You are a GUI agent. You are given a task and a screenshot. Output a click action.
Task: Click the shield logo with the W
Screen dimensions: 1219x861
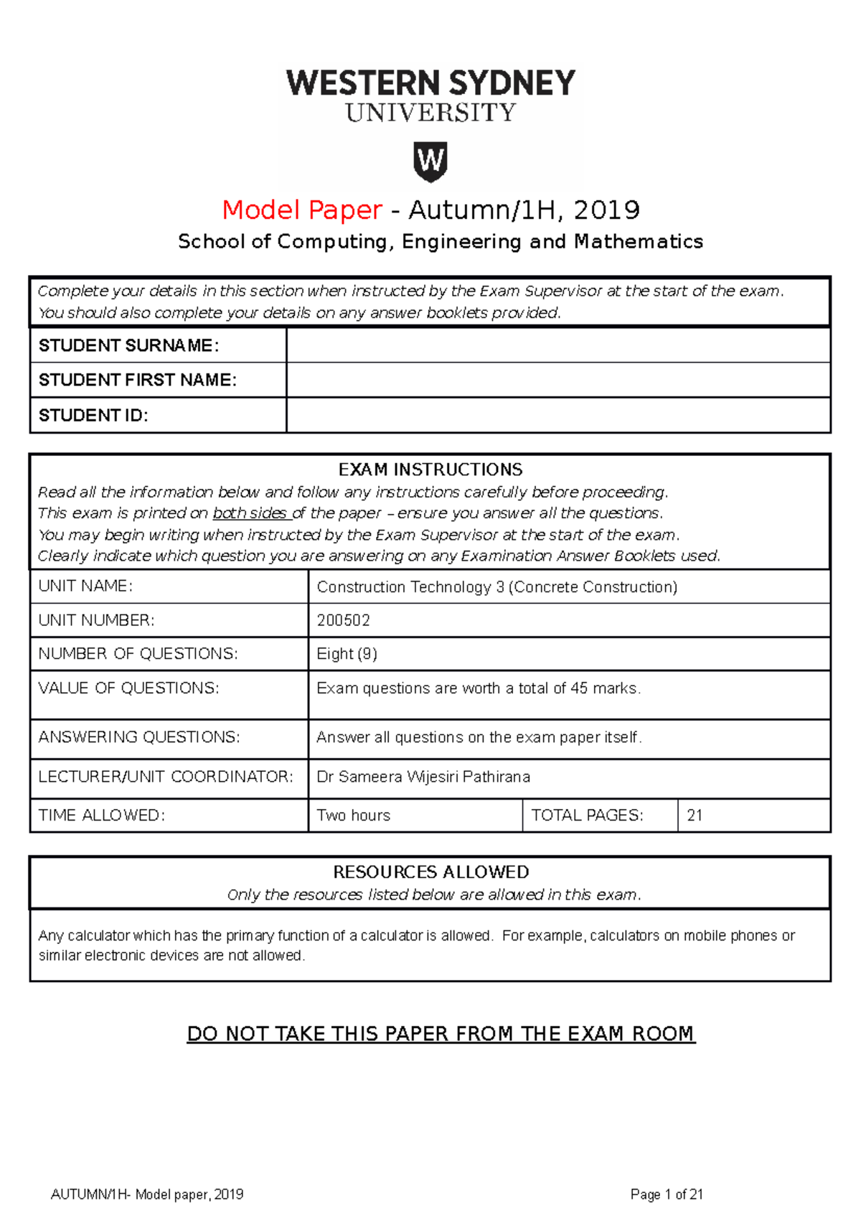coord(430,161)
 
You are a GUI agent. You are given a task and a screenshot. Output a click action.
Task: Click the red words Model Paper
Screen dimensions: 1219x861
coord(302,210)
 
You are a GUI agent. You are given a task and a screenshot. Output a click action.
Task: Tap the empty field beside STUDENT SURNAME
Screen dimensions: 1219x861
coord(558,345)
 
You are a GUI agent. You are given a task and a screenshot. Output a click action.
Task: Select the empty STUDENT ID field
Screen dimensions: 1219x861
coord(558,415)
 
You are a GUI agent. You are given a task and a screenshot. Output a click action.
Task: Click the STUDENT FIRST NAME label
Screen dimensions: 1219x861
coord(137,380)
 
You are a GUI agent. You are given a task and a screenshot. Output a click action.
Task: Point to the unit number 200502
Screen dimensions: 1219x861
coord(343,620)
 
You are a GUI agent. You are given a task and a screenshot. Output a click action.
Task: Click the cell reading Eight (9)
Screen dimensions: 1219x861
coord(347,654)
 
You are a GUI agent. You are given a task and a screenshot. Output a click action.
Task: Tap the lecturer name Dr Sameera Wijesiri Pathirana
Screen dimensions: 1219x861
coord(423,777)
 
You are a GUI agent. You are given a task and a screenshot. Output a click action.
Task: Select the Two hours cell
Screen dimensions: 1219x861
coord(353,816)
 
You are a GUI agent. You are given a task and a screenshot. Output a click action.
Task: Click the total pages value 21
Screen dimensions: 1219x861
coord(695,816)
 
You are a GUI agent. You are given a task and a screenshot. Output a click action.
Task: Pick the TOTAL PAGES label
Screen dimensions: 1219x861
coord(587,816)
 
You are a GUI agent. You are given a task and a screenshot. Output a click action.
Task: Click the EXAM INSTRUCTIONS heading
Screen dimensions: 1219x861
coord(430,470)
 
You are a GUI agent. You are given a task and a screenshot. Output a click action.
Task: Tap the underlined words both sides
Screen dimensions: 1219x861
coord(250,513)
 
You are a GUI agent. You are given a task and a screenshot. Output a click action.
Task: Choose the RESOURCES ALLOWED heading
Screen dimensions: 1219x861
coord(430,872)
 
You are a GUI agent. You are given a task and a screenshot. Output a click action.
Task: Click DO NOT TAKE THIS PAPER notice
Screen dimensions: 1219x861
coord(441,1034)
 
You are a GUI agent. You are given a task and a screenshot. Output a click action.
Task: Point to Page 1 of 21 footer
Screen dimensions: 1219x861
coord(667,1195)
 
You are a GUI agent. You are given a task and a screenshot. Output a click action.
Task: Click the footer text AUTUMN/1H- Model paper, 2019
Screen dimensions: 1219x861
coord(147,1195)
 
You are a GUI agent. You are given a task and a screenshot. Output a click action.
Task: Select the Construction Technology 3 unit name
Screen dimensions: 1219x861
coord(497,587)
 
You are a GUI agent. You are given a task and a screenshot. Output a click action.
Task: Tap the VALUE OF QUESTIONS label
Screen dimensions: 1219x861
coord(128,688)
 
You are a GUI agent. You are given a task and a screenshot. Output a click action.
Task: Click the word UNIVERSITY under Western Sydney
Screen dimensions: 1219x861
coord(430,113)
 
